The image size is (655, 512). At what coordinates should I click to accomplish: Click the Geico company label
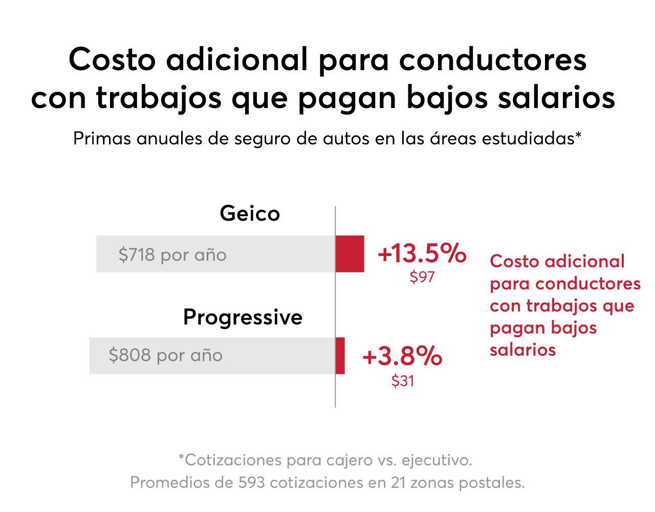(x=250, y=213)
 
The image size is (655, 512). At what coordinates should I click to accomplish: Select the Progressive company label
(x=243, y=318)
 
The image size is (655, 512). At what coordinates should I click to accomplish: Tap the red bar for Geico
(x=350, y=254)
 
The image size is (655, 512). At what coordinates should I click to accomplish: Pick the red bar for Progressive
(x=340, y=356)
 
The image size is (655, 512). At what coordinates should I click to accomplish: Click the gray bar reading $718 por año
(x=215, y=254)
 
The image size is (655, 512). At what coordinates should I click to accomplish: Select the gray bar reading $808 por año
(x=212, y=356)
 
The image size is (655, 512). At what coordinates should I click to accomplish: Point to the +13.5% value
(x=422, y=253)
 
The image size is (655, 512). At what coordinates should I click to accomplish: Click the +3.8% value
(x=402, y=356)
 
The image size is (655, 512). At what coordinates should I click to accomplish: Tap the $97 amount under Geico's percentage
(x=422, y=277)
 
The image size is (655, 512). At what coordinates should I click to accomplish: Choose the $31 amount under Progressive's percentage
(x=403, y=381)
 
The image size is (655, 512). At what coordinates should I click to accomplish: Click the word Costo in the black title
(x=112, y=60)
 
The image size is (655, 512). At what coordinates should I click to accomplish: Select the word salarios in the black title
(x=556, y=97)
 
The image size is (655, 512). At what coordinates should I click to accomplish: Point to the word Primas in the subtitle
(x=102, y=139)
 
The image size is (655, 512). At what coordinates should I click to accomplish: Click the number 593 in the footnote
(x=251, y=482)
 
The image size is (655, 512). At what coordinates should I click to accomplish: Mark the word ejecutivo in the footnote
(x=437, y=461)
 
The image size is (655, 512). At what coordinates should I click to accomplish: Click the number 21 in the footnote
(x=399, y=482)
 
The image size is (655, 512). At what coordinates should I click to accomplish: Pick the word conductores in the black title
(x=493, y=60)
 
